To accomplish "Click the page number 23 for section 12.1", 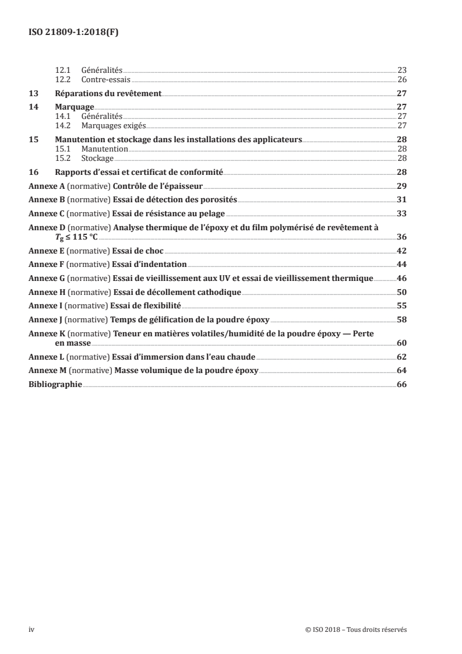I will pyautogui.click(x=401, y=70).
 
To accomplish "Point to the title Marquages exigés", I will pyautogui.click(x=114, y=125).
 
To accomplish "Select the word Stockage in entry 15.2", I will pyautogui.click(x=98, y=158).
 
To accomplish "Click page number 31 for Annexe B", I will pyautogui.click(x=401, y=200).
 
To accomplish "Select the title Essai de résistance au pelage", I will pyautogui.click(x=168, y=214).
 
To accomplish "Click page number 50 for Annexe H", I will pyautogui.click(x=401, y=292).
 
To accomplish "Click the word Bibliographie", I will pyautogui.click(x=55, y=385).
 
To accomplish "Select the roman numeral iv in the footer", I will pyautogui.click(x=32, y=630).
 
